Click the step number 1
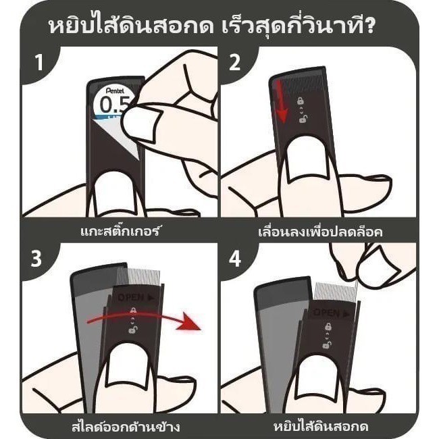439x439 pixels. [39, 62]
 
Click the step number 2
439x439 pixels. [234, 62]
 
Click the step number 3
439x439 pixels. [36, 259]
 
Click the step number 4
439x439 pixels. [235, 259]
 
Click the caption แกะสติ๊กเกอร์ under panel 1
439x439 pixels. [120, 231]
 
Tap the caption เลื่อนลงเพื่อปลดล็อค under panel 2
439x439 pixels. [320, 232]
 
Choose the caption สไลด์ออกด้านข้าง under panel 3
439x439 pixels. [125, 427]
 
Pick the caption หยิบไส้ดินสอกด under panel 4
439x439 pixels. [321, 427]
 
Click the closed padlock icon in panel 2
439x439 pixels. [301, 101]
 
